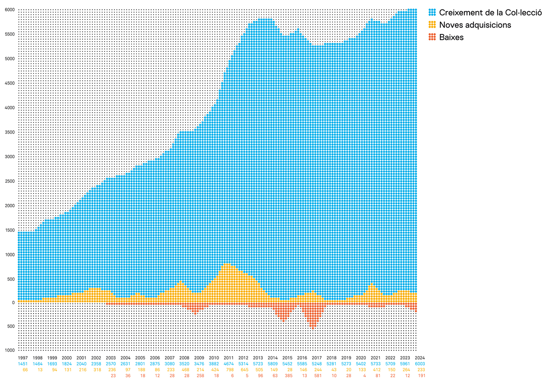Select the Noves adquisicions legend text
(475, 25)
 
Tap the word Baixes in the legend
(451, 37)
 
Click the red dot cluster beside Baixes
(432, 37)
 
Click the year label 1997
(23, 358)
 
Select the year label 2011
(228, 358)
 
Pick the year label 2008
(184, 358)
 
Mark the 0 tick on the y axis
(13, 303)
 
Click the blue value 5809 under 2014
(273, 364)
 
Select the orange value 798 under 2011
(228, 370)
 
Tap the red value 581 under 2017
(317, 376)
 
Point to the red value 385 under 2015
(288, 376)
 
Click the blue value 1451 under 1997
(23, 364)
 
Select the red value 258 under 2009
(199, 376)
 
